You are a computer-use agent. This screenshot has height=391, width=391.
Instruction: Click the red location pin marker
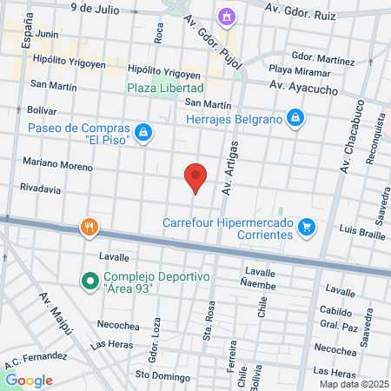[x=195, y=178]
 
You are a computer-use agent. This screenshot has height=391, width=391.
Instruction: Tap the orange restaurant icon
[x=89, y=228]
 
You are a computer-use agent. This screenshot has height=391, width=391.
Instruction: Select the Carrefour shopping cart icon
[x=306, y=228]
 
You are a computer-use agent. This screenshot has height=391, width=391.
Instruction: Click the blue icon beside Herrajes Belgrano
[x=295, y=117]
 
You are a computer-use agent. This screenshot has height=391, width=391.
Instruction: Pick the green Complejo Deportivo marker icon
[x=89, y=282]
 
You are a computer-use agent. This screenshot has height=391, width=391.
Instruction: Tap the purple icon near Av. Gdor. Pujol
[x=227, y=16]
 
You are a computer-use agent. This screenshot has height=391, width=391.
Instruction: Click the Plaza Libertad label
[x=165, y=88]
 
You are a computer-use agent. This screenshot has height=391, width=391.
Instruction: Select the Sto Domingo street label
[x=162, y=377]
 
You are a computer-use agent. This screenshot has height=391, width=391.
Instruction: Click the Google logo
[x=29, y=380]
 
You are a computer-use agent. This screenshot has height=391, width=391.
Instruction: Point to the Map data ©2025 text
[x=352, y=384]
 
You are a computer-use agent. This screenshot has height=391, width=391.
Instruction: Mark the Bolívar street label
[x=43, y=110]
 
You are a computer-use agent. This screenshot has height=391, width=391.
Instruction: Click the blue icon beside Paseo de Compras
[x=144, y=133]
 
